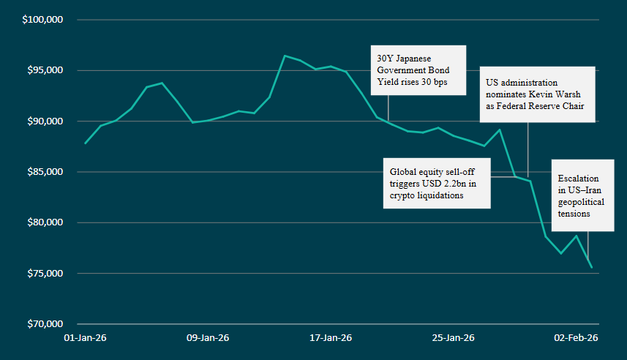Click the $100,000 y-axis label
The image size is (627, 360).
pyautogui.click(x=43, y=20)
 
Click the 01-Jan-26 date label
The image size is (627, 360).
pyautogui.click(x=86, y=338)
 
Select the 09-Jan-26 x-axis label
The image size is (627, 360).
pyautogui.click(x=208, y=338)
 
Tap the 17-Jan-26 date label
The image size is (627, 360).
pyautogui.click(x=331, y=338)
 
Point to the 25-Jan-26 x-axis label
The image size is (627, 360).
pyautogui.click(x=453, y=338)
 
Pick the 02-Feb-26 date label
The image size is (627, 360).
pyautogui.click(x=576, y=338)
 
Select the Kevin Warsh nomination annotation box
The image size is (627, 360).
pyautogui.click(x=538, y=95)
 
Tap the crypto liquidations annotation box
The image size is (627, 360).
pyautogui.click(x=437, y=183)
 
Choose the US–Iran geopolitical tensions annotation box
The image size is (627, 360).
pyautogui.click(x=582, y=195)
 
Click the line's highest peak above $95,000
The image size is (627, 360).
pyautogui.click(x=285, y=56)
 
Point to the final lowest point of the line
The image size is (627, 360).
pyautogui.click(x=591, y=268)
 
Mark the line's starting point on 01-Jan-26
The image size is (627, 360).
pyautogui.click(x=86, y=143)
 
